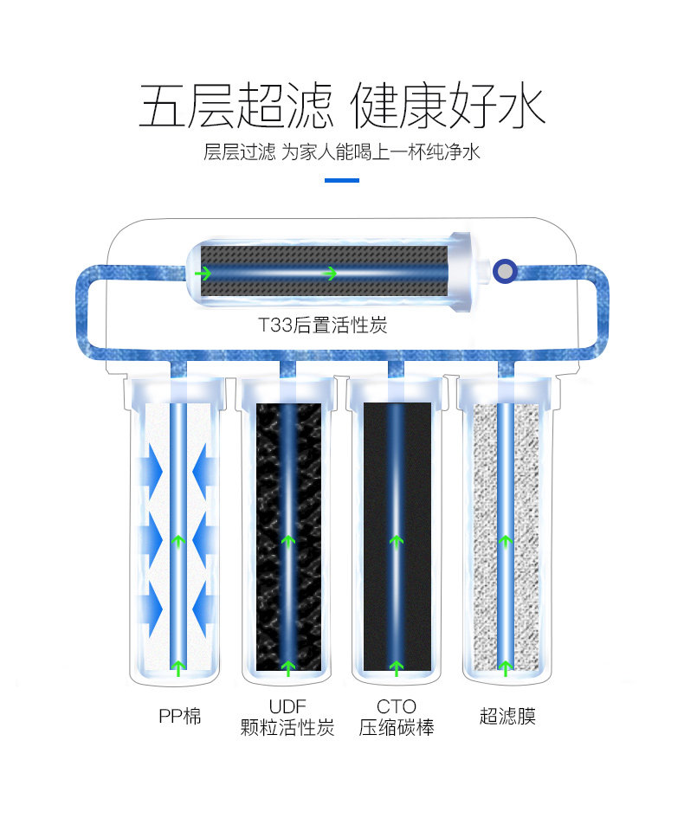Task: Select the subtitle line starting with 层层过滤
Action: coord(341,152)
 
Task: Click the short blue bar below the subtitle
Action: coord(341,180)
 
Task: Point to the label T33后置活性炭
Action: coord(322,325)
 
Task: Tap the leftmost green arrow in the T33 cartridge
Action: coord(203,274)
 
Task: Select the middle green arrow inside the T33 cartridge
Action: coord(329,274)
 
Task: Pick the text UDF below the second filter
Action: coord(287,706)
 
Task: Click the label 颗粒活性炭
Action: coord(287,728)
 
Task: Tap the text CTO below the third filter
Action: coord(397,706)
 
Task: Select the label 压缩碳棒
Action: coord(397,728)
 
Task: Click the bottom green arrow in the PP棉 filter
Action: coord(178,667)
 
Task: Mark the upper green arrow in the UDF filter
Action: coord(288,542)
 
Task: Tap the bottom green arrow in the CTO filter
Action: coord(397,667)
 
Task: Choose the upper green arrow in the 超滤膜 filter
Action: coord(506,542)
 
